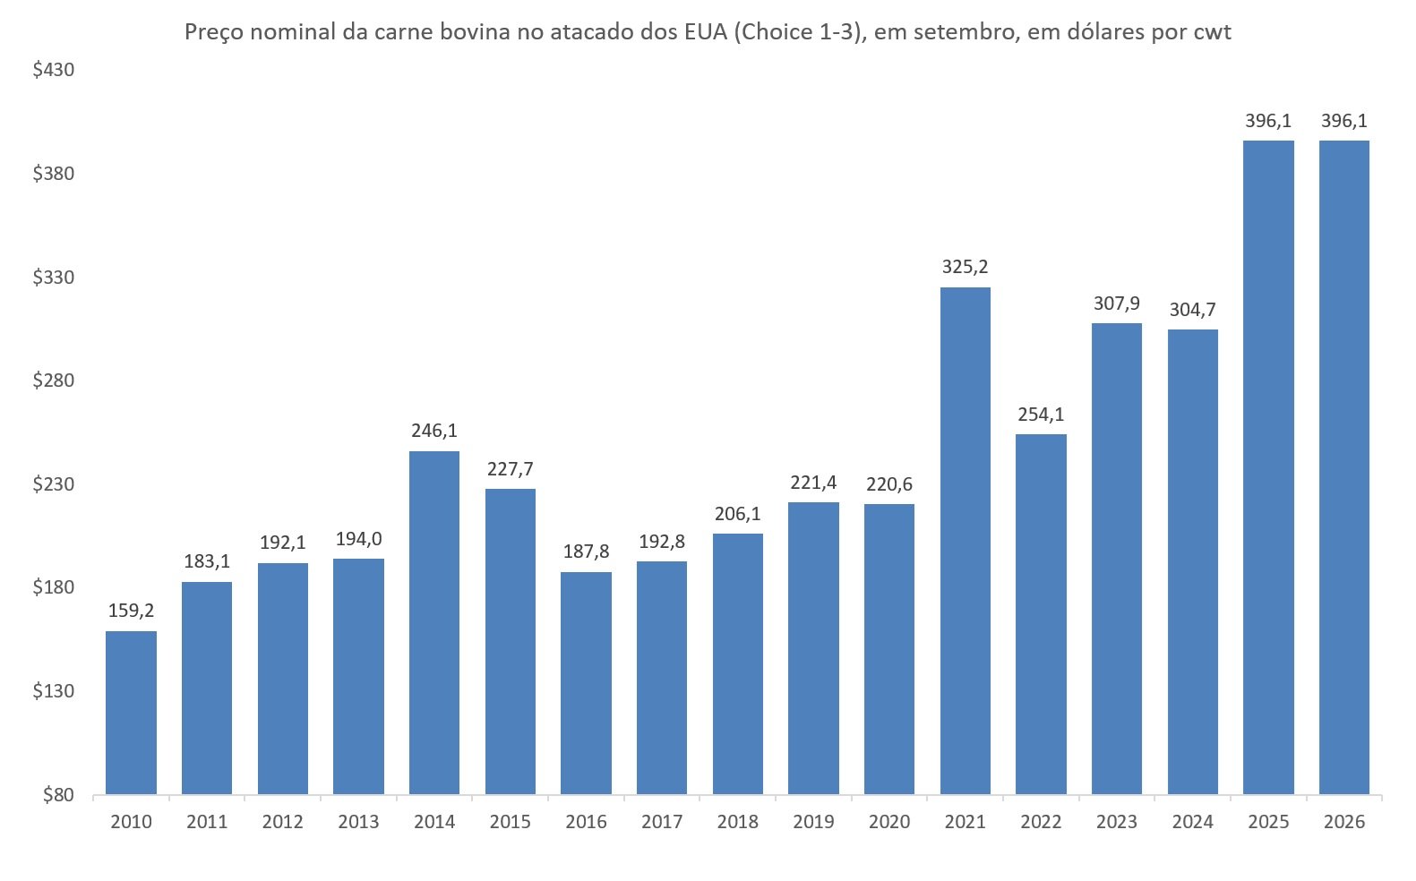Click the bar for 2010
pyautogui.click(x=131, y=713)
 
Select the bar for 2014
pyautogui.click(x=434, y=622)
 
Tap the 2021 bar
pyautogui.click(x=965, y=541)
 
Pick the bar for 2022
pyautogui.click(x=1041, y=613)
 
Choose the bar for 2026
pyautogui.click(x=1344, y=467)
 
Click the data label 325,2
pyautogui.click(x=965, y=267)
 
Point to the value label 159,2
pyautogui.click(x=131, y=611)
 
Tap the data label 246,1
pyautogui.click(x=434, y=431)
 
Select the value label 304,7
pyautogui.click(x=1193, y=310)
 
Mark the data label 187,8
pyautogui.click(x=586, y=552)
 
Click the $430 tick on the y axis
pyautogui.click(x=54, y=70)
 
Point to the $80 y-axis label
pyautogui.click(x=58, y=795)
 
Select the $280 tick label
pyautogui.click(x=54, y=381)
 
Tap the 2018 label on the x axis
pyautogui.click(x=738, y=822)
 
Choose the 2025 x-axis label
pyautogui.click(x=1269, y=822)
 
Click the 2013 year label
pyautogui.click(x=358, y=822)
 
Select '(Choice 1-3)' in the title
pyautogui.click(x=796, y=32)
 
